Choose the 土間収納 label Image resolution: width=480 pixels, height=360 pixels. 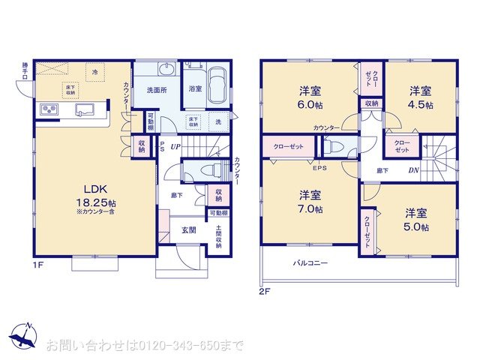[x=219, y=237]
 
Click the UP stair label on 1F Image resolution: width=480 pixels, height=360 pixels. [x=174, y=147]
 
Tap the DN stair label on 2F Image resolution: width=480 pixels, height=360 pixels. [x=413, y=170]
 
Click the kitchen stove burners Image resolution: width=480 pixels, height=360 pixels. [x=50, y=111]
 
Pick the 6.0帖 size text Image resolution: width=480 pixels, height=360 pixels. [x=309, y=106]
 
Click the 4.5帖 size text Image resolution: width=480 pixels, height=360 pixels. [x=421, y=105]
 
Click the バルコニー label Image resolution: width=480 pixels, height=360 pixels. [x=310, y=263]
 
